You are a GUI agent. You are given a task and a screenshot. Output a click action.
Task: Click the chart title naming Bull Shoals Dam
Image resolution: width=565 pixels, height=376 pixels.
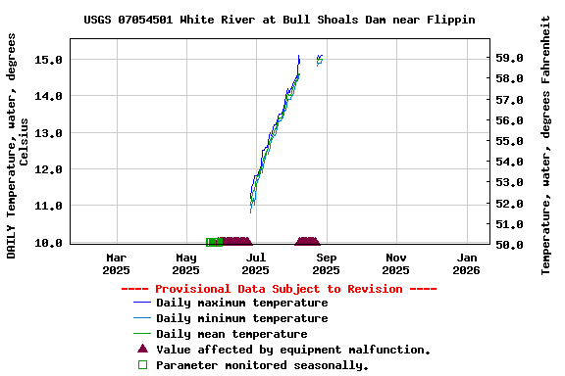[280, 20]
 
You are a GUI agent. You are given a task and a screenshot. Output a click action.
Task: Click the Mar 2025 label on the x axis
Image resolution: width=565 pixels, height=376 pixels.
[116, 263]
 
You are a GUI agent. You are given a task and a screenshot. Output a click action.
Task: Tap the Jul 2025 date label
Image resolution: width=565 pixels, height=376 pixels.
[255, 263]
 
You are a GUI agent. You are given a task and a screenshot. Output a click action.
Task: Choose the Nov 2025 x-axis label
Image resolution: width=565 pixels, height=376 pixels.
[396, 263]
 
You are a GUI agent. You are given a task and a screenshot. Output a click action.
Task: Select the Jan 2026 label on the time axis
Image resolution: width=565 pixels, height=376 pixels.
[466, 263]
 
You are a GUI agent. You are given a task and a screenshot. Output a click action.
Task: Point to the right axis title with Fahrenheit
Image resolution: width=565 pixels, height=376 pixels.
[546, 145]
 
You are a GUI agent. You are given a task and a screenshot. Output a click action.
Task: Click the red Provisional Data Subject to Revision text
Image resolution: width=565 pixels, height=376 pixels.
[279, 289]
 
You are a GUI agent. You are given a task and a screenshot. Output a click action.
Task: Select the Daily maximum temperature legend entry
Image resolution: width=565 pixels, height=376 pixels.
[241, 304]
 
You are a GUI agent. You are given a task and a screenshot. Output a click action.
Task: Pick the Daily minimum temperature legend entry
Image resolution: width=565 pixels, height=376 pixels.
[241, 318]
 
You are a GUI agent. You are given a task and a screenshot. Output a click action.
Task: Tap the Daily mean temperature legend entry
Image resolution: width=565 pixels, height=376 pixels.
[231, 334]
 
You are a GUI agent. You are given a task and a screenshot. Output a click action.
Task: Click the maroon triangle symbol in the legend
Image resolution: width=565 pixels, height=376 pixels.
[142, 349]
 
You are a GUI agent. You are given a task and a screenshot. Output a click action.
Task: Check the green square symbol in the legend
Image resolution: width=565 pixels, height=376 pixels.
[142, 364]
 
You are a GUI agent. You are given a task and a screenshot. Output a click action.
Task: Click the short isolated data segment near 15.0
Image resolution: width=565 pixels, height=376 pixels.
[319, 60]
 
